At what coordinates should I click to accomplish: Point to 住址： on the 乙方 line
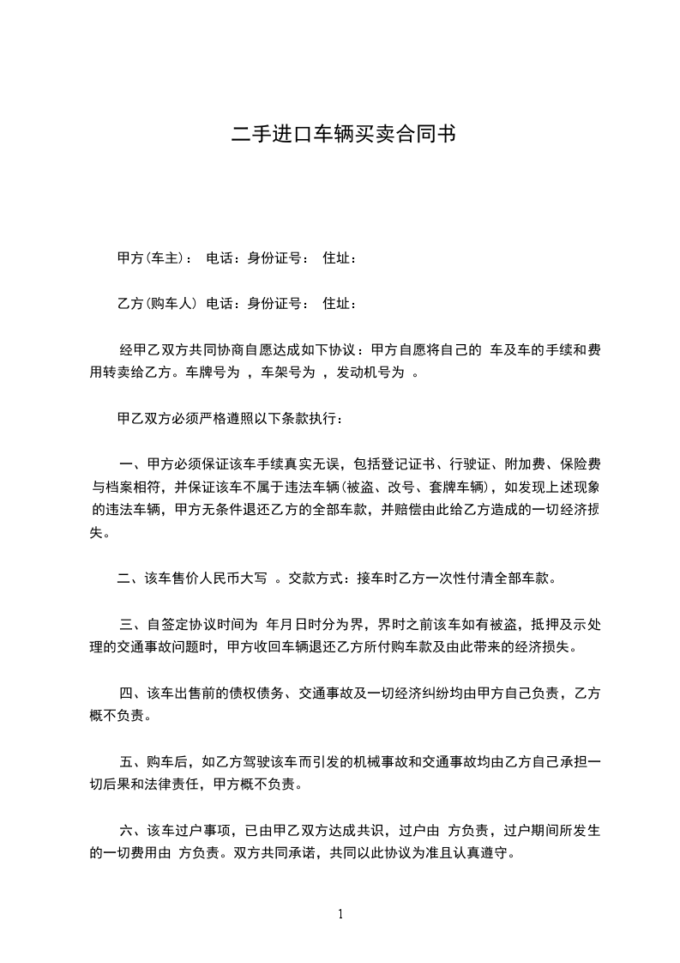[x=340, y=303]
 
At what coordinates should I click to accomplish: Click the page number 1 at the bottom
[x=340, y=914]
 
